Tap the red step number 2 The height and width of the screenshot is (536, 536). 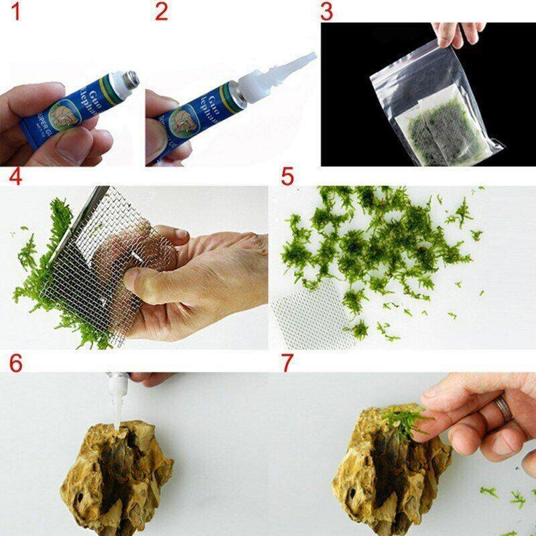pyautogui.click(x=161, y=11)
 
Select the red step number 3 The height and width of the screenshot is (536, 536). pyautogui.click(x=326, y=11)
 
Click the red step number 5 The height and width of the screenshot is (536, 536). pyautogui.click(x=287, y=177)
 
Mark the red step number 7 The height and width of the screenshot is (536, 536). pyautogui.click(x=287, y=363)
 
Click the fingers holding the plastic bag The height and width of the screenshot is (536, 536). pyautogui.click(x=459, y=33)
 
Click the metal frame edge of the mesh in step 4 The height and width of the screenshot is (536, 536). pyautogui.click(x=87, y=214)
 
